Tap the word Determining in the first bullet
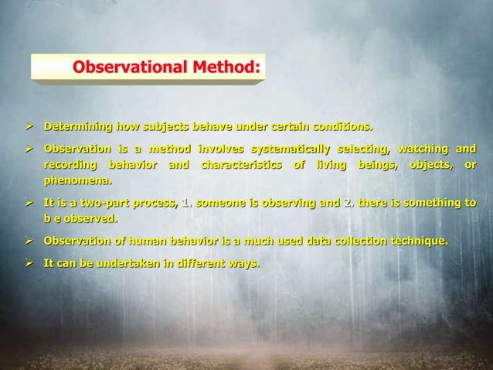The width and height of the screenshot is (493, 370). click(76, 125)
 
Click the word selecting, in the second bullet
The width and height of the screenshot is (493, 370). click(364, 148)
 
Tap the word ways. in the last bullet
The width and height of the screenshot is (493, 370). click(245, 264)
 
